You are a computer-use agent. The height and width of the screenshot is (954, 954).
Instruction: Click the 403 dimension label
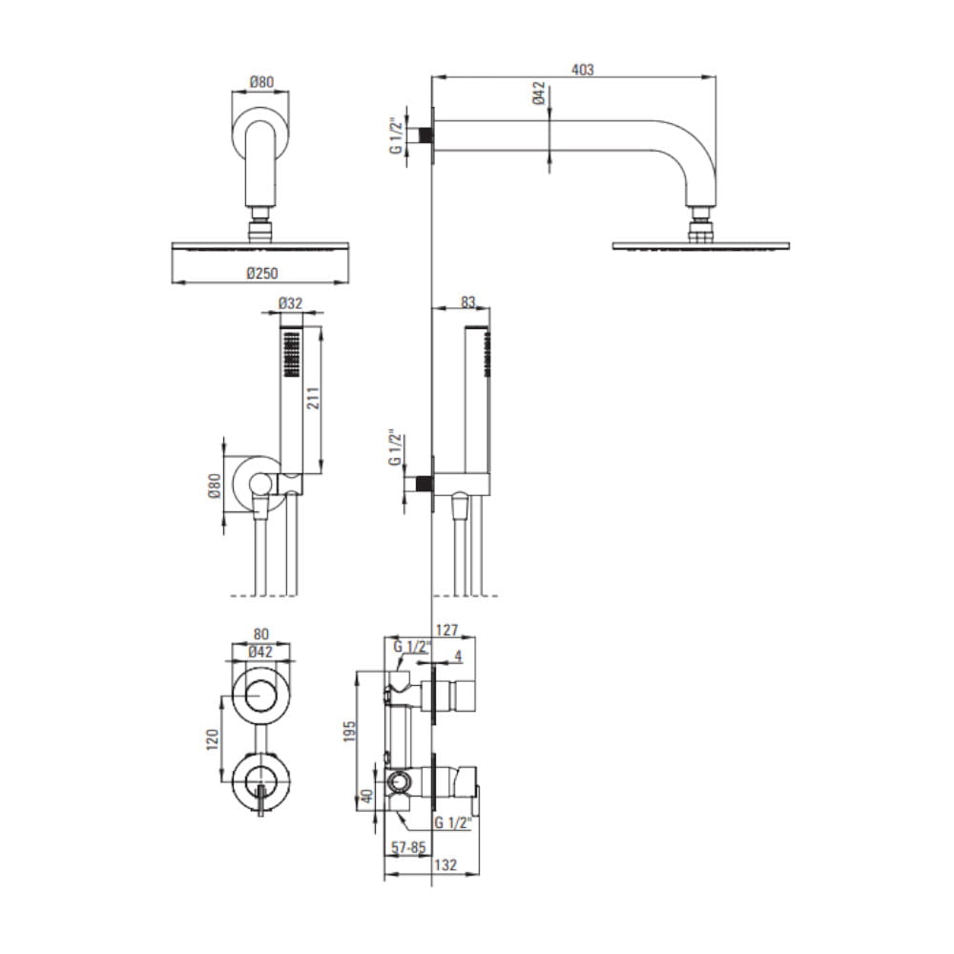582,70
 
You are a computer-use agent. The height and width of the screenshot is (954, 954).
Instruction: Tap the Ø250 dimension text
262,273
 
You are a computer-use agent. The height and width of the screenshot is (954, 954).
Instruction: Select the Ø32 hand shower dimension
290,303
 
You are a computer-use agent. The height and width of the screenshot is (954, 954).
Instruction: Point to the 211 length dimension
313,399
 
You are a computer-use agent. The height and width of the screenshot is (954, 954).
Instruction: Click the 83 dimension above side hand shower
467,301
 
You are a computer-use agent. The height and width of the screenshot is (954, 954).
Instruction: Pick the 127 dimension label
447,630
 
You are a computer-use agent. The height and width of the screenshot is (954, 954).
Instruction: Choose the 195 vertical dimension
349,733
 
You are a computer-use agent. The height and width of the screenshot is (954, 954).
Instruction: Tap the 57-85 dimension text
408,847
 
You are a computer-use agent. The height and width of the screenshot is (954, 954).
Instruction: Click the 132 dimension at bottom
446,864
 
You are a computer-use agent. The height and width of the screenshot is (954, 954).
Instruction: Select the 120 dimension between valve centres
213,739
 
